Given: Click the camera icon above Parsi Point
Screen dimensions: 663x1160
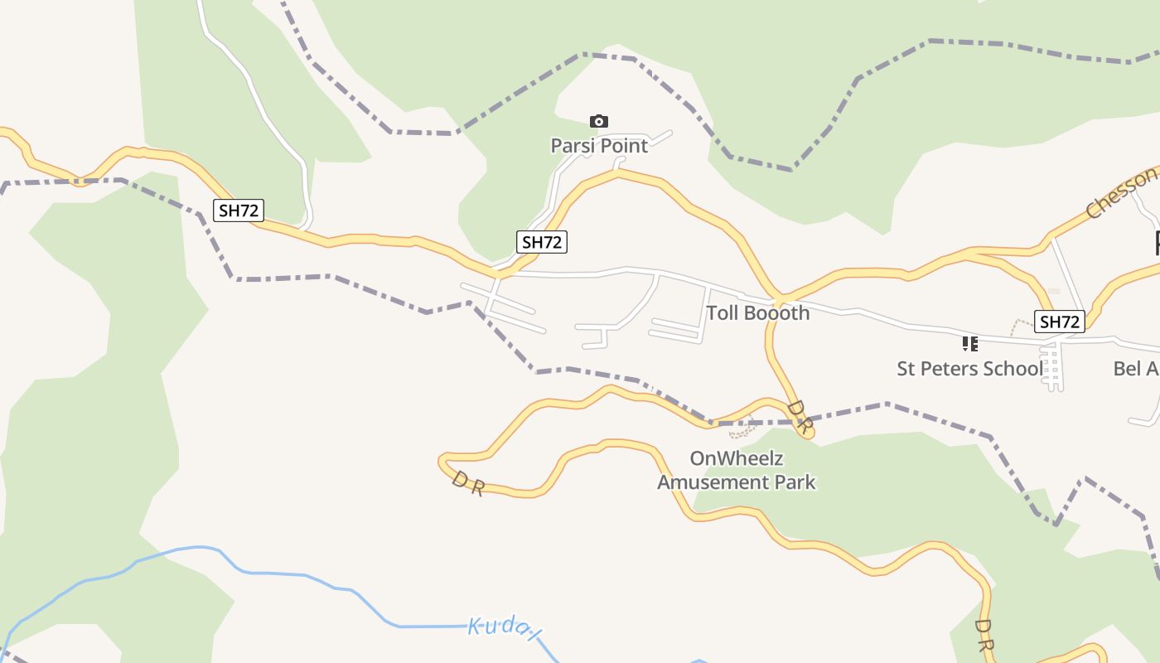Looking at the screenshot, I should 598,122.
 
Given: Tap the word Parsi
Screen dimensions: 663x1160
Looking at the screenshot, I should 573,146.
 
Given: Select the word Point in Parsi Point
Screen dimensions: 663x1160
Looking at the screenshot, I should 623,146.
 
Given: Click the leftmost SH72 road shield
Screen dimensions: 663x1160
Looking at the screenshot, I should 239,211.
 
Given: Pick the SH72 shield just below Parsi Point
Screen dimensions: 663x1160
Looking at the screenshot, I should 542,242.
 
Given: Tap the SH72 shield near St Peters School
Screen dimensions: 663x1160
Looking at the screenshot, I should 1060,322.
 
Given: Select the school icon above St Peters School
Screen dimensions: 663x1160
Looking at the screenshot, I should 969,343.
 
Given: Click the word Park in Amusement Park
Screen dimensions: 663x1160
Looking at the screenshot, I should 796,482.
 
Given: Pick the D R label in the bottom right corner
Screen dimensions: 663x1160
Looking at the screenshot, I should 984,635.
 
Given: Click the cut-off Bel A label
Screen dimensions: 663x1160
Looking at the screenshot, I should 1136,369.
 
